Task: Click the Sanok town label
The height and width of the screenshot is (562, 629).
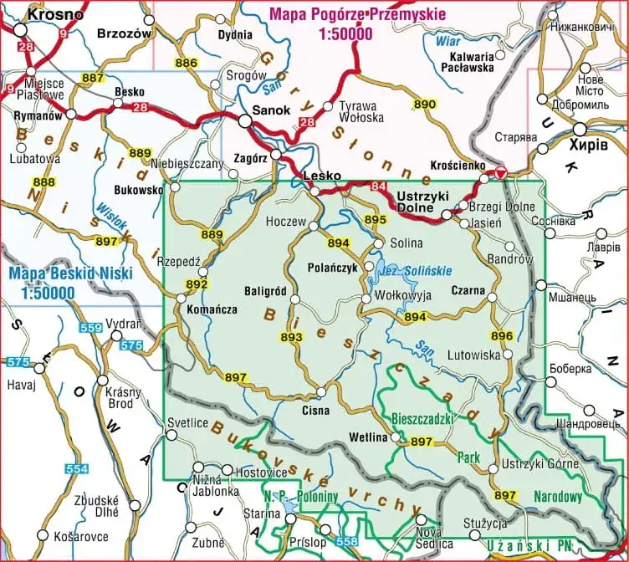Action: coord(271,110)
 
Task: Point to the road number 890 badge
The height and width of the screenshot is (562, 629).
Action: coord(425,105)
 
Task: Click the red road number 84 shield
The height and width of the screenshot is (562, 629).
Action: coord(380,186)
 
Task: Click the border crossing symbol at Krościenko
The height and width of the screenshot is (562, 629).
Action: coord(500,175)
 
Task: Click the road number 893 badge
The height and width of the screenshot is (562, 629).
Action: coord(291,336)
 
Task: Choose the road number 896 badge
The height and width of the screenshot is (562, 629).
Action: coord(502,336)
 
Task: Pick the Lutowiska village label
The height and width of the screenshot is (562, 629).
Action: coord(473,355)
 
